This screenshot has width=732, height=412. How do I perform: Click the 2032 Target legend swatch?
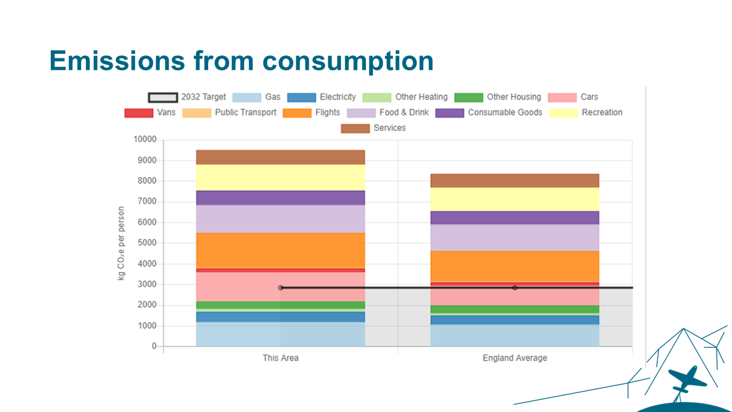[x=162, y=97]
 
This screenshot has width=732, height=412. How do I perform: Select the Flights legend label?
[x=327, y=113]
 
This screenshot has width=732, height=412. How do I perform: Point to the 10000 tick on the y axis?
[x=145, y=140]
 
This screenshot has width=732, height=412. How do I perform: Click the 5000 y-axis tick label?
[x=146, y=243]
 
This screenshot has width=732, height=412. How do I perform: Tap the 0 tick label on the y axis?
[x=154, y=347]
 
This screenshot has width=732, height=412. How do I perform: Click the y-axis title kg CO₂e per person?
[x=121, y=243]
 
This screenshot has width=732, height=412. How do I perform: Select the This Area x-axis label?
[x=280, y=358]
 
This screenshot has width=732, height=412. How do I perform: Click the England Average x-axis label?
[x=515, y=358]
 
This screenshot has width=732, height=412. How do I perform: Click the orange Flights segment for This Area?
[x=280, y=251]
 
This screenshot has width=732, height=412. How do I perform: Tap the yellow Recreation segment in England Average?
[x=515, y=199]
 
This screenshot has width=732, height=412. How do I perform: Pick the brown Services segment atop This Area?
[x=280, y=157]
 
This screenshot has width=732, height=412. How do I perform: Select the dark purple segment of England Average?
[x=515, y=218]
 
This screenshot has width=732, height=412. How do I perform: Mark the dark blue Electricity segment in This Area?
[x=280, y=317]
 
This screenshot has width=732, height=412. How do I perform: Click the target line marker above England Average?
[x=515, y=288]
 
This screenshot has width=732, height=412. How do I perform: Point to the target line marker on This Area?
[x=281, y=288]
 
